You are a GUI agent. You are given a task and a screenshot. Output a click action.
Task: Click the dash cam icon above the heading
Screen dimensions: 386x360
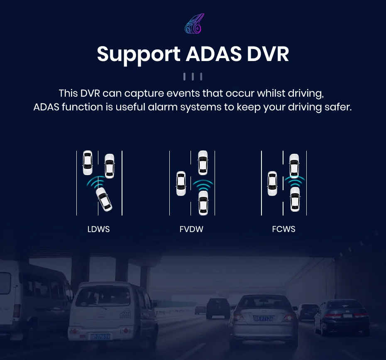click(x=193, y=24)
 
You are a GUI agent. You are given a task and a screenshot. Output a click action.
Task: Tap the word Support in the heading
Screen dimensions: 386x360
click(x=139, y=55)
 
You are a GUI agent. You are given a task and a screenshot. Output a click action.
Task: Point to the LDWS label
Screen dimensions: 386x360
click(x=98, y=229)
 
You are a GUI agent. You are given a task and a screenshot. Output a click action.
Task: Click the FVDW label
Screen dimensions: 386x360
click(x=191, y=229)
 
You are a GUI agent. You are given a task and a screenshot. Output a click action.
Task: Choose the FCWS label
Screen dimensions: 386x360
click(x=284, y=229)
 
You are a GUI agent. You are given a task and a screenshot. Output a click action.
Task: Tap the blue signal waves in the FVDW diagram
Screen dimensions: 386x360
click(x=203, y=183)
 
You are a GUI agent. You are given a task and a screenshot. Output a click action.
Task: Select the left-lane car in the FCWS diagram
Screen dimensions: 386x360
click(x=272, y=184)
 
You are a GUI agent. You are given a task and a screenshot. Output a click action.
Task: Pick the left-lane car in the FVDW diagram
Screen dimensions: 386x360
click(x=181, y=184)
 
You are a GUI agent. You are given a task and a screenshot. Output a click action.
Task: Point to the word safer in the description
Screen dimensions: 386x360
click(x=337, y=107)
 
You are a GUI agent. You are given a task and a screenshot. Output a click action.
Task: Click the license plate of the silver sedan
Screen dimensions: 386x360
click(x=263, y=318)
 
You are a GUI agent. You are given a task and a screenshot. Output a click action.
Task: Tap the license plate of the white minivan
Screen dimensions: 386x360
click(x=100, y=336)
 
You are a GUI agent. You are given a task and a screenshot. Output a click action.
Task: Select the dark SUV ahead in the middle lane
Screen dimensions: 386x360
click(x=218, y=307)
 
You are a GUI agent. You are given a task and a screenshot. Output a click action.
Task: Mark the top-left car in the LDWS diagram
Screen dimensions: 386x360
click(x=87, y=162)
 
